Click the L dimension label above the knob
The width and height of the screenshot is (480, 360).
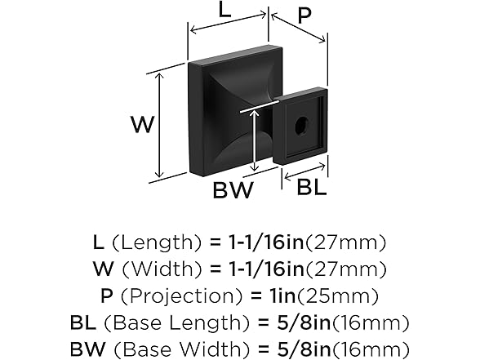pos(224,11)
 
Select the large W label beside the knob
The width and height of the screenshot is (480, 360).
pos(142,124)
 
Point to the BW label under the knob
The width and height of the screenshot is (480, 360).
pos(233,189)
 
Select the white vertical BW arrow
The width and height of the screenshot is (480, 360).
pos(254,140)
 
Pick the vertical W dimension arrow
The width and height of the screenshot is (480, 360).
pos(159,125)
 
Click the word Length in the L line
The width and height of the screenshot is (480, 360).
pos(157,242)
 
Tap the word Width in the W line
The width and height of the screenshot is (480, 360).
pos(162,269)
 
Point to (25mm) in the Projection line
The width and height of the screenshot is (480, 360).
pos(337,296)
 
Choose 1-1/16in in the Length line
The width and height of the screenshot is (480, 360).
pos(266,242)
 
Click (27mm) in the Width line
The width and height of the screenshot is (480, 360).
pos(346,269)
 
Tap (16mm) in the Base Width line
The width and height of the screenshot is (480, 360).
pos(371,349)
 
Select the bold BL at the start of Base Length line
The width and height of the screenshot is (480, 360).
pos(82,322)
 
